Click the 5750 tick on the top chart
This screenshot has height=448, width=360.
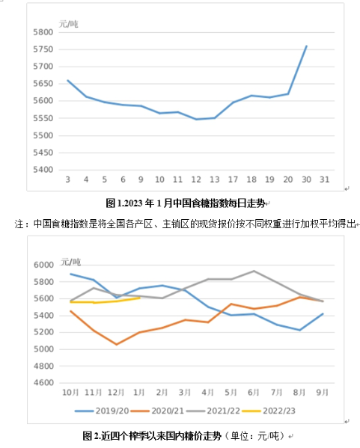pyautogui.click(x=43, y=49)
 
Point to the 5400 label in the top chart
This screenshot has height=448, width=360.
pyautogui.click(x=43, y=170)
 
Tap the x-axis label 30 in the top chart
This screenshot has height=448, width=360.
pyautogui.click(x=306, y=179)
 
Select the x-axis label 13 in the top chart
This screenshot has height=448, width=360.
pyautogui.click(x=215, y=179)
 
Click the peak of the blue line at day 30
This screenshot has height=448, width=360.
pyautogui.click(x=307, y=46)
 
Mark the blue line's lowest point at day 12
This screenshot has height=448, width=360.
pyautogui.click(x=196, y=119)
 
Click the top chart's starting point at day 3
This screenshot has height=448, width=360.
pyautogui.click(x=68, y=80)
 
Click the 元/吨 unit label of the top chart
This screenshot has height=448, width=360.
pyautogui.click(x=69, y=24)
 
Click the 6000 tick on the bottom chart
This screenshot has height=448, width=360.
pyautogui.click(x=43, y=265)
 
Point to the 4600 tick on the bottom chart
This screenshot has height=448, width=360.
pyautogui.click(x=43, y=383)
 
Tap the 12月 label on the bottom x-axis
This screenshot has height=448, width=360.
pyautogui.click(x=116, y=393)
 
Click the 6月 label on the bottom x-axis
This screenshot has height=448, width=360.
pyautogui.click(x=254, y=393)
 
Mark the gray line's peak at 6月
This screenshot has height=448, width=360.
pyautogui.click(x=254, y=271)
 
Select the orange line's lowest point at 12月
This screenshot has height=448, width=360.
pyautogui.click(x=116, y=345)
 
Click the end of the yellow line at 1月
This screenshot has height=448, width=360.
pyautogui.click(x=139, y=298)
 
